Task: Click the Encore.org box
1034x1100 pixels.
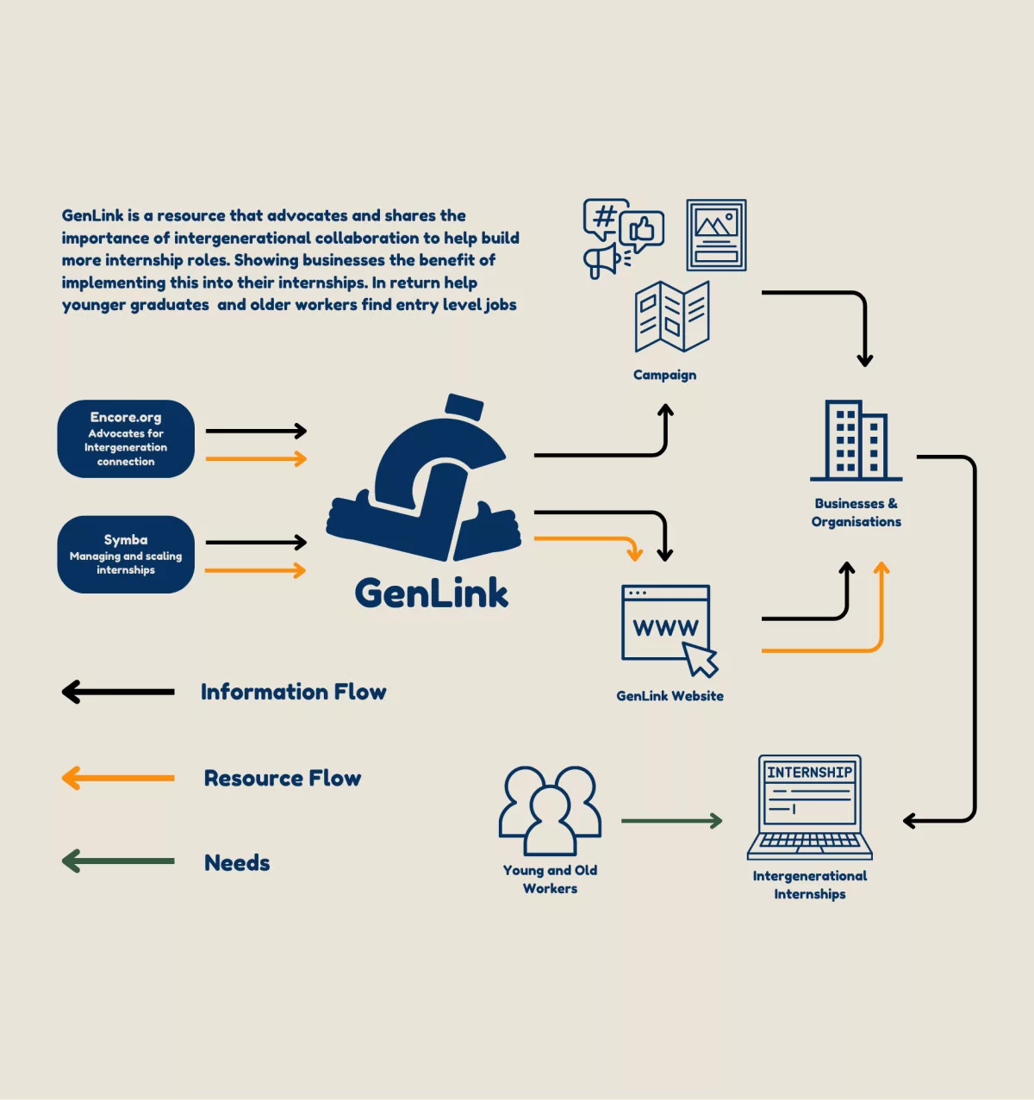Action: tap(126, 438)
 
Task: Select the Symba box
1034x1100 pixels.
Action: tap(126, 554)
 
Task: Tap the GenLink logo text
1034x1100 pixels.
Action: tap(431, 594)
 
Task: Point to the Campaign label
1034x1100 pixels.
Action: tap(664, 375)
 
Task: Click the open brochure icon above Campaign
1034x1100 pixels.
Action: tap(672, 316)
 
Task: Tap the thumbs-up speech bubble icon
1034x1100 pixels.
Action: tap(642, 230)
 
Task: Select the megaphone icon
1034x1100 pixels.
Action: tap(602, 261)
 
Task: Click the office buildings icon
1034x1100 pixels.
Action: tap(856, 440)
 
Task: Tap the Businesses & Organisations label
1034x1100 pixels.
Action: tap(856, 513)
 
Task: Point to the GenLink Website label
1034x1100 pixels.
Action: tap(670, 696)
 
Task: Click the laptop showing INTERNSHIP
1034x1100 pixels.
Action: tap(809, 807)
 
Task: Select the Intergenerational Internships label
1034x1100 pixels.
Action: tap(809, 885)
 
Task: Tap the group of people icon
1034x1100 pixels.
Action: tap(550, 810)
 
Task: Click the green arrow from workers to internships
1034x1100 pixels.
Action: tap(671, 821)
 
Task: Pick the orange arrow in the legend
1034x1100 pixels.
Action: tap(118, 778)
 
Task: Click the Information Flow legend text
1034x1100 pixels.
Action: tap(293, 692)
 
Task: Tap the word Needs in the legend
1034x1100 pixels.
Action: tap(237, 862)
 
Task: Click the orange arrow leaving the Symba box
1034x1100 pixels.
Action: tap(255, 570)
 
